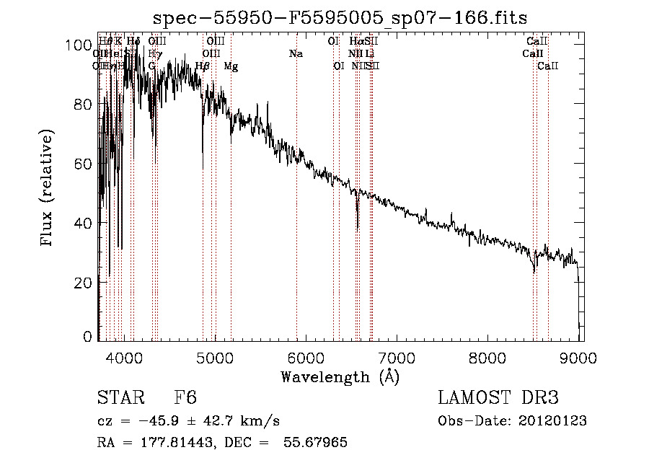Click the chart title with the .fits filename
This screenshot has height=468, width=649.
point(340,19)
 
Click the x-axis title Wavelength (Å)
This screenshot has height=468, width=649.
point(340,376)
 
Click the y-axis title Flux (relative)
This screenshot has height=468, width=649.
point(48,190)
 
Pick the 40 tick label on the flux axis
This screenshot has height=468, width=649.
point(85,224)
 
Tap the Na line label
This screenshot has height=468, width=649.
point(296,54)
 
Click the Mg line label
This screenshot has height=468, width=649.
point(231,66)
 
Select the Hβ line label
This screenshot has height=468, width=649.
point(203,66)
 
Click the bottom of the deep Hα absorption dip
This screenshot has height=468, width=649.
point(358,229)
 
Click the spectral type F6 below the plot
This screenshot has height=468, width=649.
point(186,398)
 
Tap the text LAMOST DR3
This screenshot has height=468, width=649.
point(498,398)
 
